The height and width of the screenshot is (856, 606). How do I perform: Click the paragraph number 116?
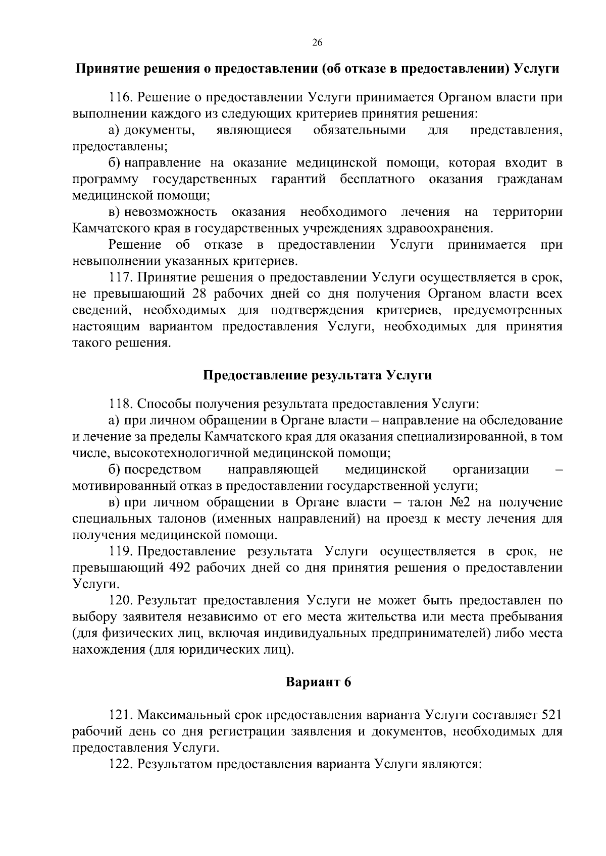[x=120, y=97]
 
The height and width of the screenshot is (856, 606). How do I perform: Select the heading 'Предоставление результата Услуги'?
[x=317, y=376]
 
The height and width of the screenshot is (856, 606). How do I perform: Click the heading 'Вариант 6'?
[x=318, y=682]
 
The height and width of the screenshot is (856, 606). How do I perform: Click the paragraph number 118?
[x=120, y=404]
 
